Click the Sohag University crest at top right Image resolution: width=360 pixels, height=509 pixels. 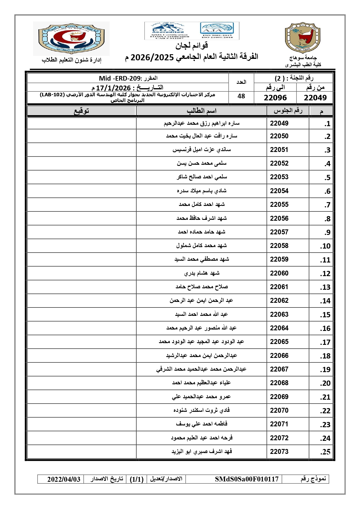pyautogui.click(x=303, y=38)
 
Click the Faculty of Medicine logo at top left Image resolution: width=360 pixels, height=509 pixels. pyautogui.click(x=71, y=38)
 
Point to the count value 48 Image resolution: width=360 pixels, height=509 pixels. pyautogui.click(x=241, y=96)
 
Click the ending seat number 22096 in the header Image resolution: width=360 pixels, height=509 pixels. pyautogui.click(x=275, y=98)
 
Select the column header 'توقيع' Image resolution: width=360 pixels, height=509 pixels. pyautogui.click(x=82, y=111)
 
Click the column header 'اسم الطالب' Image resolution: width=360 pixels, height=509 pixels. pyautogui.click(x=201, y=111)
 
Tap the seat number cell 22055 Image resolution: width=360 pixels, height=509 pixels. pyautogui.click(x=279, y=205)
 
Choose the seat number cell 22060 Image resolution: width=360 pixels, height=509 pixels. pyautogui.click(x=279, y=273)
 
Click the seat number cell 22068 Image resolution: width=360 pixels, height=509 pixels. pyautogui.click(x=279, y=383)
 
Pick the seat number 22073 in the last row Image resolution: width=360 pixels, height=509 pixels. pyautogui.click(x=279, y=452)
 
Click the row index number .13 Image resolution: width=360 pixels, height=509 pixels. pyautogui.click(x=325, y=287)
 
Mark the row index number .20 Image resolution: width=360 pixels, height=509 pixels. pyautogui.click(x=325, y=383)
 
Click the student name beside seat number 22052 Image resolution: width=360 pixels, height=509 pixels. pyautogui.click(x=202, y=164)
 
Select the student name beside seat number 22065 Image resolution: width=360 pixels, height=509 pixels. pyautogui.click(x=201, y=342)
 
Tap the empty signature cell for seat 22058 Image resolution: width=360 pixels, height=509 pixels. pyautogui.click(x=82, y=246)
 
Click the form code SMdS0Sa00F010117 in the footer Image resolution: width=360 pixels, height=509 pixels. pyautogui.click(x=247, y=479)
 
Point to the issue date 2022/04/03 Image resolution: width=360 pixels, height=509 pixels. pyautogui.click(x=64, y=479)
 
